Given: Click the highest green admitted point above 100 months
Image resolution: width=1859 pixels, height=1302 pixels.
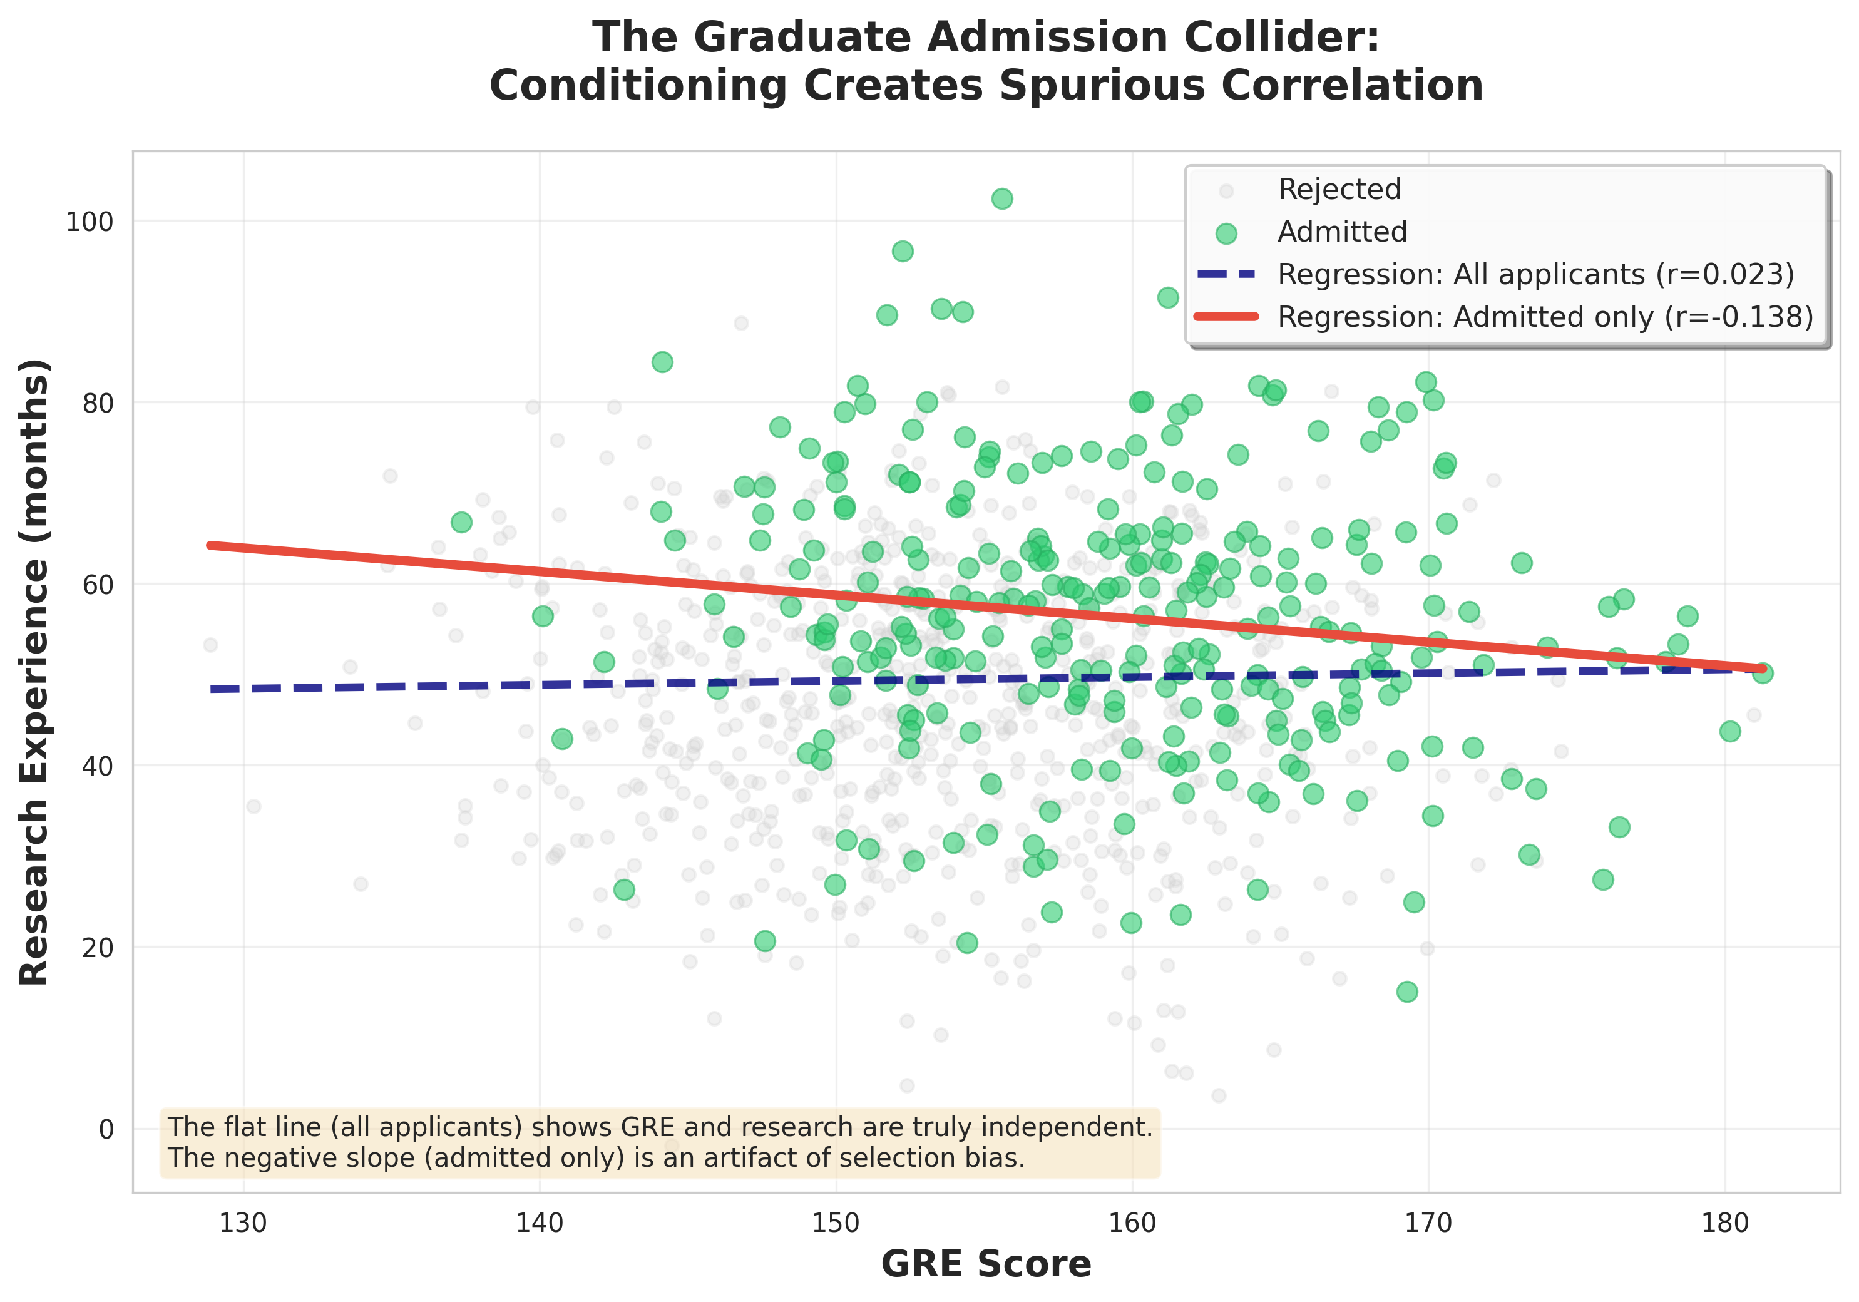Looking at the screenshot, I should pos(1001,198).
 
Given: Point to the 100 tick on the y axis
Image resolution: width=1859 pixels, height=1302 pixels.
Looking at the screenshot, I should pos(89,221).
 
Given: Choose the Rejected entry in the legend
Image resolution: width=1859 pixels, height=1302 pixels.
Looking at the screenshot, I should pos(1338,190).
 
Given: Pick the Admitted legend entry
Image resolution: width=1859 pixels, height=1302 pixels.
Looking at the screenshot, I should pos(1341,232).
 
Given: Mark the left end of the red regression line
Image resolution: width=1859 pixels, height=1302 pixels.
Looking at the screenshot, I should pos(210,546).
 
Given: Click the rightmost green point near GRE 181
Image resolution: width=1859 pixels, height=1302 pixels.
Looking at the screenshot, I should pos(1762,673).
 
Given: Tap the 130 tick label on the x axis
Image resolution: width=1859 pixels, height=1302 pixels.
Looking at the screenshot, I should pos(243,1223).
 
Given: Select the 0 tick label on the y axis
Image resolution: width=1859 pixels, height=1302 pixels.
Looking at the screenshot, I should pos(106,1129).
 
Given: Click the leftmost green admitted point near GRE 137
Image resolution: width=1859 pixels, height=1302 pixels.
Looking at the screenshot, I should pos(461,522).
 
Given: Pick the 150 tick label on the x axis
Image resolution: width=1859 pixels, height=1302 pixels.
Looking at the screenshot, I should pos(836,1223).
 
